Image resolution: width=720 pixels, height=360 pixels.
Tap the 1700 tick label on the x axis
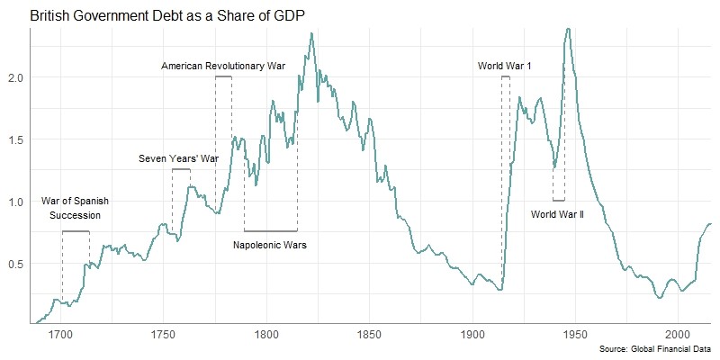click(61, 335)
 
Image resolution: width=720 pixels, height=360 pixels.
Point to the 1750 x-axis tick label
click(164, 335)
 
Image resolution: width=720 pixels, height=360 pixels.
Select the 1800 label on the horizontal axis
click(266, 335)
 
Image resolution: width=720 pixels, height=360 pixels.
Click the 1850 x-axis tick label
click(369, 335)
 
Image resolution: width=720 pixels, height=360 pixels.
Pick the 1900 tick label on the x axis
click(472, 335)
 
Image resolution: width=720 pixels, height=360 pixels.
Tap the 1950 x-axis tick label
click(575, 335)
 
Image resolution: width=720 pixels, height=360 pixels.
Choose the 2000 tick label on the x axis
click(678, 335)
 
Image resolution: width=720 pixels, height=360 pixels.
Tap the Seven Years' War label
click(179, 158)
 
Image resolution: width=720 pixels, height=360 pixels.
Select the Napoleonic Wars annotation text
click(270, 245)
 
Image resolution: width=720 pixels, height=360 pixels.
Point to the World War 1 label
click(505, 66)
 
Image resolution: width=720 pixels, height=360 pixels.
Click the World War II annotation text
click(558, 214)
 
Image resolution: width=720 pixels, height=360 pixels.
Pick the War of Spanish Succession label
click(71, 208)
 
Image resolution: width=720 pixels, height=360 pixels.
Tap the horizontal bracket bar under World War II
click(559, 201)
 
